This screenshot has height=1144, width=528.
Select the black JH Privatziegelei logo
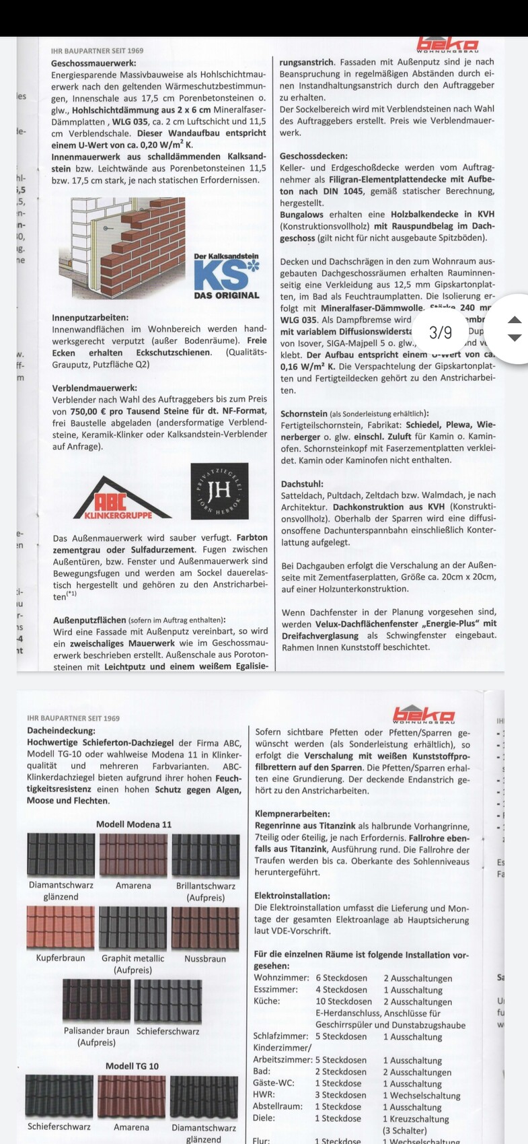click(x=219, y=491)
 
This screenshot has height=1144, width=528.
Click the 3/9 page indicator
click(x=441, y=332)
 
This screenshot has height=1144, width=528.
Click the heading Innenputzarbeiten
click(x=89, y=317)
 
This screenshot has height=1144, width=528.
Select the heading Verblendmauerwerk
click(x=94, y=388)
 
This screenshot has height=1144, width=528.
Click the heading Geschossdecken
click(x=313, y=155)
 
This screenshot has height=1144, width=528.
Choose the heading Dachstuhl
click(x=302, y=483)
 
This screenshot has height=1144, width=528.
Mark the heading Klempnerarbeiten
click(x=292, y=814)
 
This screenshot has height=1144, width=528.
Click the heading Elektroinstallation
click(x=292, y=896)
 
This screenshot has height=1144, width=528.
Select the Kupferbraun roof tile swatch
click(x=61, y=927)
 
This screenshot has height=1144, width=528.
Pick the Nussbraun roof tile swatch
click(x=205, y=928)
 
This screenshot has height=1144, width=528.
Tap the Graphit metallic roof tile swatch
click(x=133, y=928)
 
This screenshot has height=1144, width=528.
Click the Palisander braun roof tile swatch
click(x=96, y=1001)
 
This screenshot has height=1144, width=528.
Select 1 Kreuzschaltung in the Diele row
click(x=416, y=1119)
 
